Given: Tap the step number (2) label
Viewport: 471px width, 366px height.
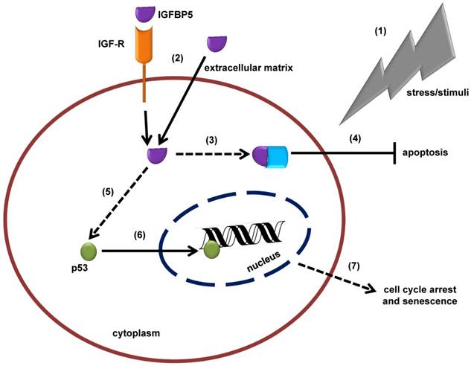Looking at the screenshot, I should pos(177,57).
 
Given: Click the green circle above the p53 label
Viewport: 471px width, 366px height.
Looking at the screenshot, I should pos(88,251).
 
